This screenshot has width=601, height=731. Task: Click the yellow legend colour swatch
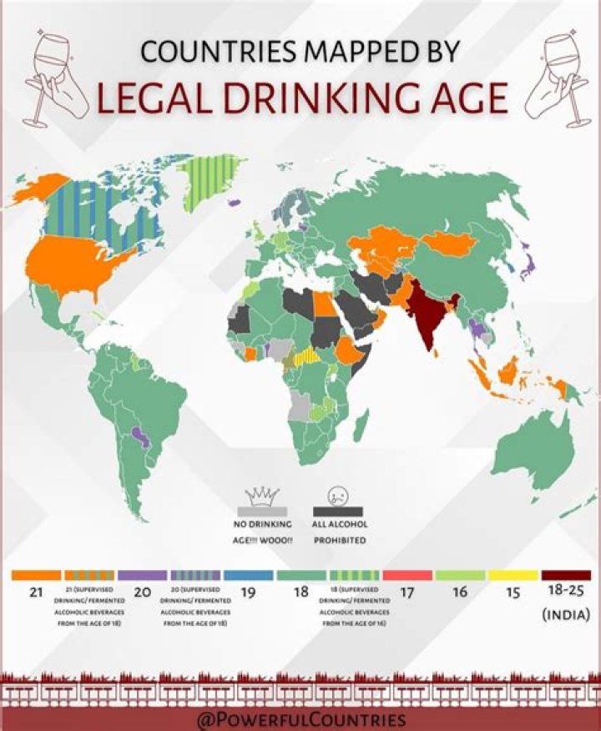point(513,575)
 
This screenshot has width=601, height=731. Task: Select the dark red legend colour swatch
point(566,575)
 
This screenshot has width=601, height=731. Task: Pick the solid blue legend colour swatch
point(248,575)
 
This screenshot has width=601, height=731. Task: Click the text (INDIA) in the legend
point(566,615)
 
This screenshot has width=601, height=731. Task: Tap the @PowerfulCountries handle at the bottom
point(300,719)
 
